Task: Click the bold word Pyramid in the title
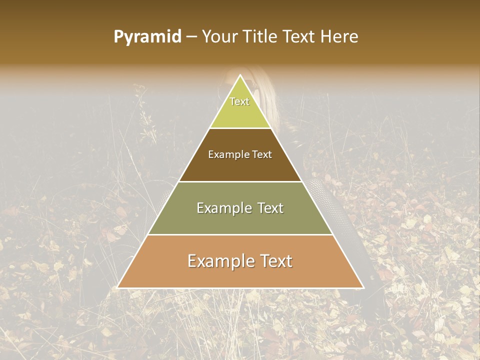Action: point(147,37)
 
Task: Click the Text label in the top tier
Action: point(239,101)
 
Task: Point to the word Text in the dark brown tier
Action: point(262,155)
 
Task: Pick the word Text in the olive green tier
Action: point(270,208)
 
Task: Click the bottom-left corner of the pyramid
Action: point(117,288)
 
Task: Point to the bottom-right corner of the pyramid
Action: point(364,288)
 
